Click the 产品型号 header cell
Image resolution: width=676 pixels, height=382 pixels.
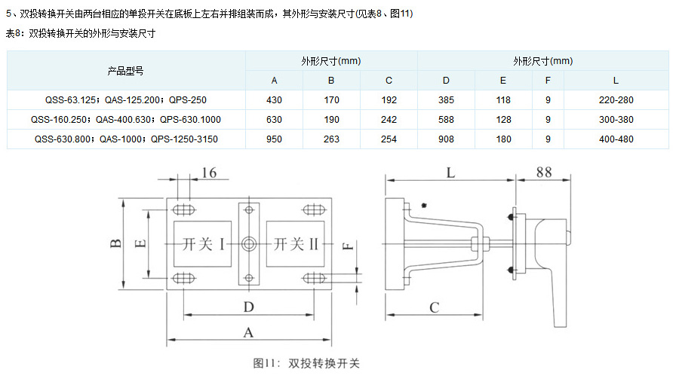(x=125, y=71)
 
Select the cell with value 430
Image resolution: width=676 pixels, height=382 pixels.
(x=274, y=99)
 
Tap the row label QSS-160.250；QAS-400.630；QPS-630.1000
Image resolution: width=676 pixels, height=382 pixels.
(x=125, y=119)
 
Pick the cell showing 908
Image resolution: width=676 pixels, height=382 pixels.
(x=446, y=139)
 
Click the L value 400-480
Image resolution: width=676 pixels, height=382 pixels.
(x=616, y=139)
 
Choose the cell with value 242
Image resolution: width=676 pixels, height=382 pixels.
(x=389, y=119)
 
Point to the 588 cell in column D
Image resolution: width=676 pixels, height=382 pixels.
(x=446, y=119)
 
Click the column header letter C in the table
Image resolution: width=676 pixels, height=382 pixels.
(x=389, y=80)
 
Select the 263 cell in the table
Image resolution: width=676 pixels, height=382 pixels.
(x=331, y=139)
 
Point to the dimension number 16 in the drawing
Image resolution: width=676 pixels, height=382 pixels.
(x=209, y=173)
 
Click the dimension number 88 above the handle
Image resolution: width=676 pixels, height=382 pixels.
(x=543, y=173)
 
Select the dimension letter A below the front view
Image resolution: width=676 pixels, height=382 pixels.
(x=247, y=332)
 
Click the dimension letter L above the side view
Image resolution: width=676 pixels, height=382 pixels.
(x=450, y=173)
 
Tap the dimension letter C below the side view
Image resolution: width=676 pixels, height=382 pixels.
(x=434, y=307)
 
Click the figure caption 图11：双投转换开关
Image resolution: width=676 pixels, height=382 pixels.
(x=306, y=363)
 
